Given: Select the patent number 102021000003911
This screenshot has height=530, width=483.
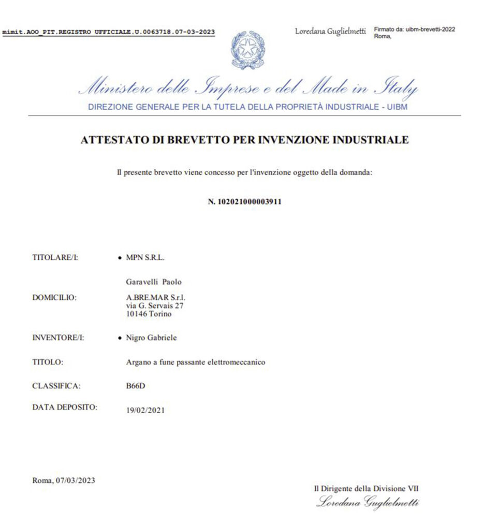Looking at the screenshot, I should click(244, 202).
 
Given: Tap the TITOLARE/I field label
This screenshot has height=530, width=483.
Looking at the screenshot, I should click(55, 257).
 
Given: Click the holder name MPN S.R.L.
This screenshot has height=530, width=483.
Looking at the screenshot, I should click(145, 257).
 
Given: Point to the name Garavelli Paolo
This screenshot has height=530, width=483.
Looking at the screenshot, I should click(154, 282).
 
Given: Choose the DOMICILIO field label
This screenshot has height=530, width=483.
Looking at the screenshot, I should click(54, 298).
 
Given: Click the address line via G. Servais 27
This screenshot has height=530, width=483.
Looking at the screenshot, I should click(151, 306).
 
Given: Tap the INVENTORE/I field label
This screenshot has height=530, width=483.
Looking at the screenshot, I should click(58, 338).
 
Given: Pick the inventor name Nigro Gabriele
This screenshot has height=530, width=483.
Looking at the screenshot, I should click(151, 338).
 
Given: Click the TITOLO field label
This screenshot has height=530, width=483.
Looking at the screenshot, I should click(48, 362).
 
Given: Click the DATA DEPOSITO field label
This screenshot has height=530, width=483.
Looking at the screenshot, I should click(65, 407).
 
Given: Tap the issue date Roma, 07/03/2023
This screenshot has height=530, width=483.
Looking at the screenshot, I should click(64, 480).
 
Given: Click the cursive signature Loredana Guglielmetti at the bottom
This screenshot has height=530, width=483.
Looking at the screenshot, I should click(368, 502).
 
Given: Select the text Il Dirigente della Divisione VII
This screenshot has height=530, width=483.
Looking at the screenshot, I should click(370, 488).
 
